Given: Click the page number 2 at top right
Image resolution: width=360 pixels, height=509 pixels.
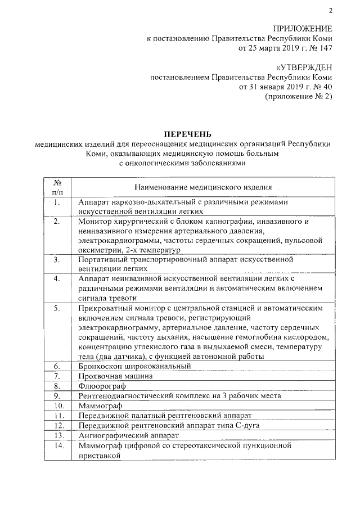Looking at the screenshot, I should point(331,10).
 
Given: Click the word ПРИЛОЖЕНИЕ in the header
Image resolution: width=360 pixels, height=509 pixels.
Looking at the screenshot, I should point(302,29).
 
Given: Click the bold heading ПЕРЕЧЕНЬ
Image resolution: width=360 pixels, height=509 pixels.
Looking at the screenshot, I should point(188,134).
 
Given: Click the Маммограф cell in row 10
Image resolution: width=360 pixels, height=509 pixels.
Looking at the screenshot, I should point(101,406).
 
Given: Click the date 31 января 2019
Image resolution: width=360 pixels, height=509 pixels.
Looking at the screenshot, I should point(268,87).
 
